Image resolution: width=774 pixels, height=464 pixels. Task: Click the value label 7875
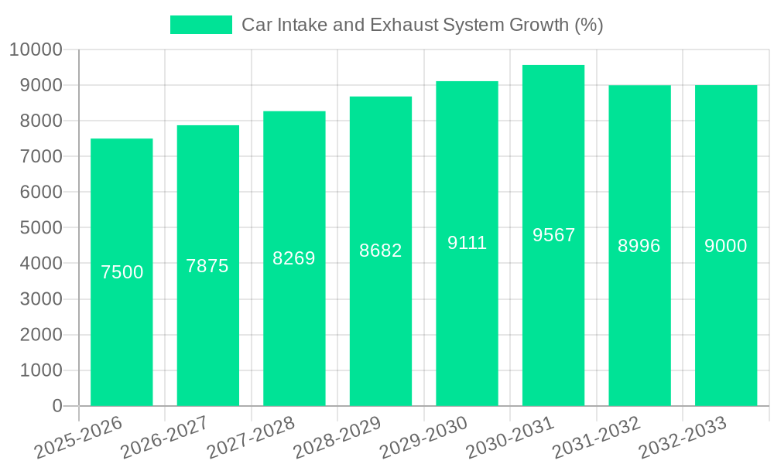click(x=207, y=266)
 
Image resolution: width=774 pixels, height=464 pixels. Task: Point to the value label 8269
click(x=294, y=258)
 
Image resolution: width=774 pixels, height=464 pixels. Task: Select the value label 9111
click(x=467, y=243)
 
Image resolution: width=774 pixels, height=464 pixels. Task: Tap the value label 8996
click(x=639, y=246)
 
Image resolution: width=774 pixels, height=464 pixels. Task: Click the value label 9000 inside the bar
click(x=726, y=246)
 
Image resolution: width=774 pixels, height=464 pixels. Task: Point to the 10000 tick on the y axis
click(x=36, y=50)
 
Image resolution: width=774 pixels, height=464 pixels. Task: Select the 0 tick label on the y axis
click(x=57, y=406)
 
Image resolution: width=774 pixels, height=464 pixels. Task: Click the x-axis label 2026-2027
click(x=165, y=436)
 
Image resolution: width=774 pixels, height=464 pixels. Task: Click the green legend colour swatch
click(x=201, y=25)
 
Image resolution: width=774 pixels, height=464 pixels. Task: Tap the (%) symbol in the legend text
click(x=589, y=25)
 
